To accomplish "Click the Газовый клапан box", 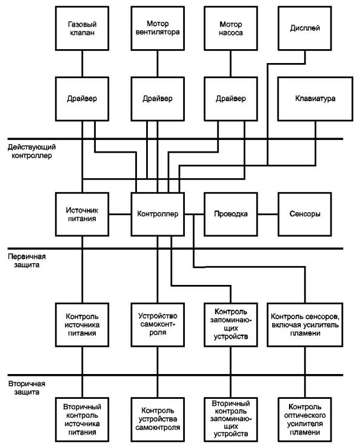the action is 82,28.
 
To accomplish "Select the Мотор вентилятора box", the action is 158,28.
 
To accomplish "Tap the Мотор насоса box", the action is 230,28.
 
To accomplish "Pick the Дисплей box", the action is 305,28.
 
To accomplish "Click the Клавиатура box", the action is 315,99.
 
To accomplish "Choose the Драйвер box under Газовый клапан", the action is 82,99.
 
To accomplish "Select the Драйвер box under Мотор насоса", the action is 230,99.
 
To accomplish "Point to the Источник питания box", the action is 82,214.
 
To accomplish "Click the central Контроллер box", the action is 158,214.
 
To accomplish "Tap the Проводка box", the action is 230,214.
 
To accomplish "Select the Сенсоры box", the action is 305,214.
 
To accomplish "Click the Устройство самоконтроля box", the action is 158,325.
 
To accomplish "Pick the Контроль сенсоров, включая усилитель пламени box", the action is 305,325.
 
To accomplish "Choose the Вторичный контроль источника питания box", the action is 82,420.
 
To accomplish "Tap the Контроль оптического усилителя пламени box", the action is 305,420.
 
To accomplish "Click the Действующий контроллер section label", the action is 32,152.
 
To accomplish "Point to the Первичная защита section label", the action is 27,261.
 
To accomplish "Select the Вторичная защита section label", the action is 27,388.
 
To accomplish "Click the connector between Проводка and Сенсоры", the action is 268,214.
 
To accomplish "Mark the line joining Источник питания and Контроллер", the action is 120,214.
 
